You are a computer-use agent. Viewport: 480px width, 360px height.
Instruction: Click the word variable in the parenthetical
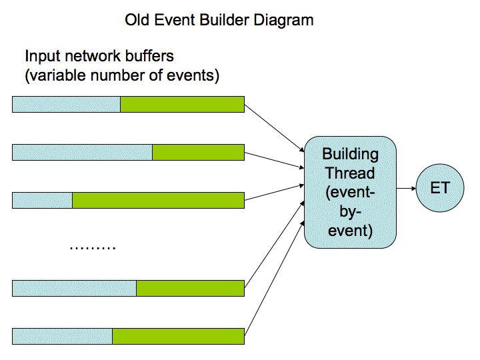[x=57, y=75]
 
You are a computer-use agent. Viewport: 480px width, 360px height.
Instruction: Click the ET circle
[x=440, y=188]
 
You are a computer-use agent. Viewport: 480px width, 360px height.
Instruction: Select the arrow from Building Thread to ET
[x=406, y=188]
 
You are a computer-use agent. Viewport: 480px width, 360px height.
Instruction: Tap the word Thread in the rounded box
[x=350, y=173]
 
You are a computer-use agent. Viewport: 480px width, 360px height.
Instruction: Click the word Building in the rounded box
[x=350, y=154]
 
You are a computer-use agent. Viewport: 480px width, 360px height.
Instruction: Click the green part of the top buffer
[x=183, y=105]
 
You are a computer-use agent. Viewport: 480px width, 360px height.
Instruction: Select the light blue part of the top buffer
[x=67, y=105]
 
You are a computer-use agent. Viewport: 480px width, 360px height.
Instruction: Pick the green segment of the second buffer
[x=199, y=152]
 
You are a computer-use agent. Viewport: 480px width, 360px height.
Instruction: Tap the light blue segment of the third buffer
[x=43, y=200]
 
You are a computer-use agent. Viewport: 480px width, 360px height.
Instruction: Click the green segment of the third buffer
[x=158, y=200]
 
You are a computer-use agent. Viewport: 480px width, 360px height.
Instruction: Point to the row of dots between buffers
[x=93, y=247]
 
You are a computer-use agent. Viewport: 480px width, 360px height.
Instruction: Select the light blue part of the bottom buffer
[x=63, y=336]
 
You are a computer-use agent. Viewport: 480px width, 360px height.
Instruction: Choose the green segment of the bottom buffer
[x=178, y=336]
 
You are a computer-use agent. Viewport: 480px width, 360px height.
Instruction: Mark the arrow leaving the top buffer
[x=274, y=128]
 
